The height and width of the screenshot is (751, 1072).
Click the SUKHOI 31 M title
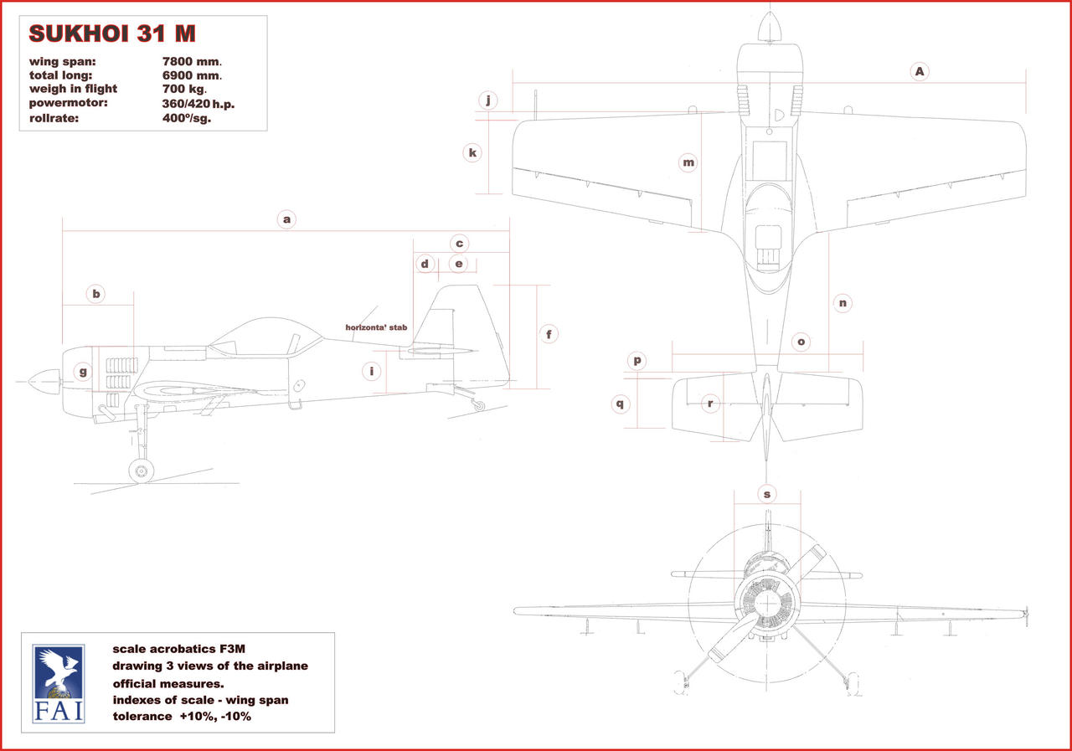pyautogui.click(x=112, y=34)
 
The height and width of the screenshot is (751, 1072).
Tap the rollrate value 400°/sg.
pyautogui.click(x=186, y=118)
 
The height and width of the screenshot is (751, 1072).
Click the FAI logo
pyautogui.click(x=58, y=683)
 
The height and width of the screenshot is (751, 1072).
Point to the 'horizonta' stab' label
pyautogui.click(x=376, y=327)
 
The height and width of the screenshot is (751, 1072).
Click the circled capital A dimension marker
pyautogui.click(x=920, y=72)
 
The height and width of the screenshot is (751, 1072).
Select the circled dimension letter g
pyautogui.click(x=83, y=372)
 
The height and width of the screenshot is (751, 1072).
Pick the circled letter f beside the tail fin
pyautogui.click(x=549, y=334)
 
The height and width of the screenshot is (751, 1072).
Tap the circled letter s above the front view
pyautogui.click(x=767, y=494)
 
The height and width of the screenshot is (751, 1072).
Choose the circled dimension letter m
pyautogui.click(x=688, y=162)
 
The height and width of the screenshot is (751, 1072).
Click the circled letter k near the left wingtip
pyautogui.click(x=472, y=152)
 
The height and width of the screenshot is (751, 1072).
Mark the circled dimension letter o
pyautogui.click(x=801, y=342)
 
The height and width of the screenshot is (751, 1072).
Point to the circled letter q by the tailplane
pyautogui.click(x=620, y=404)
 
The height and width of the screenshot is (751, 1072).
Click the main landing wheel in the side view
pyautogui.click(x=141, y=471)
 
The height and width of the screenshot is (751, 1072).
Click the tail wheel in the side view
pyautogui.click(x=478, y=406)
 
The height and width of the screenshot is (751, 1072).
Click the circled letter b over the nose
pyautogui.click(x=96, y=294)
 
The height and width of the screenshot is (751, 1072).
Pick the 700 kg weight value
pyautogui.click(x=184, y=89)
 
